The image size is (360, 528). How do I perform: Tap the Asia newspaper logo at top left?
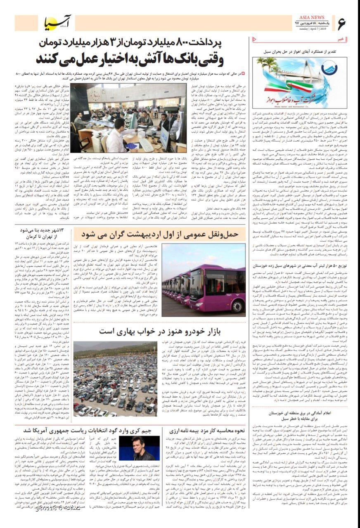pos(58,24)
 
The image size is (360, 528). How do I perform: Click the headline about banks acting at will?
pos(130,59)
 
